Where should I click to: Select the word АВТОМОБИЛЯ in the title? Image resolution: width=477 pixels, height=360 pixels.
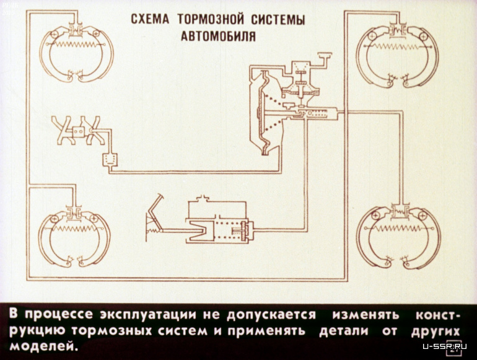tap(217, 35)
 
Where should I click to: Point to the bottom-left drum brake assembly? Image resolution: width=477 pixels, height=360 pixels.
tap(74, 235)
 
